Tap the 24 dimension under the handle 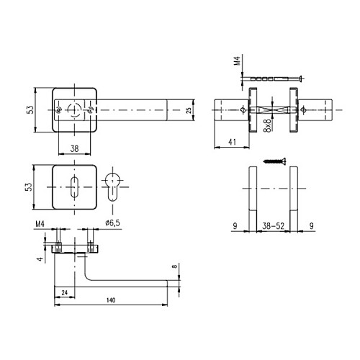[64, 292]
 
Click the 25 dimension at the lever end [189, 110]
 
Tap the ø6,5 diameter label [112, 222]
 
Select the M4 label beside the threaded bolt [238, 65]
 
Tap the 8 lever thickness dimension [174, 271]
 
